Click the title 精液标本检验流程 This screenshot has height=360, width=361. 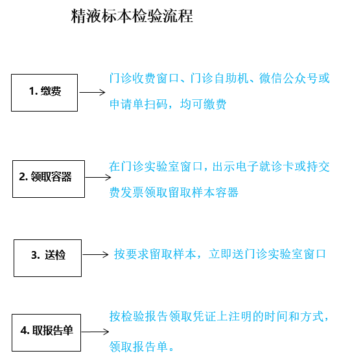click(132, 16)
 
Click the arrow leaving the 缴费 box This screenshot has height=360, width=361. click(92, 92)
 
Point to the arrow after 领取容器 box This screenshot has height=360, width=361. click(98, 177)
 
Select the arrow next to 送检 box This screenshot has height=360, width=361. click(95, 254)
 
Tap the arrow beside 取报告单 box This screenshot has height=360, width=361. click(95, 331)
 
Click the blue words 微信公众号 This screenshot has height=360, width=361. click(288, 78)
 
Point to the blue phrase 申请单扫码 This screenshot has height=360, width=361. click(139, 104)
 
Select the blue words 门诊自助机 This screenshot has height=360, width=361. click(220, 78)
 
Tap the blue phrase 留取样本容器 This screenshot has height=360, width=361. click(204, 192)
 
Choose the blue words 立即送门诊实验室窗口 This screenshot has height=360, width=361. click(267, 254)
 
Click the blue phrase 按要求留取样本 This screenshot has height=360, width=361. click(155, 254)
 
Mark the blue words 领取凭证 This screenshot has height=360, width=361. click(192, 316)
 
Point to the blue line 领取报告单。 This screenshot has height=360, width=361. click(141, 346)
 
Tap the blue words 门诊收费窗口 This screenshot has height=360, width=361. click(144, 78)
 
